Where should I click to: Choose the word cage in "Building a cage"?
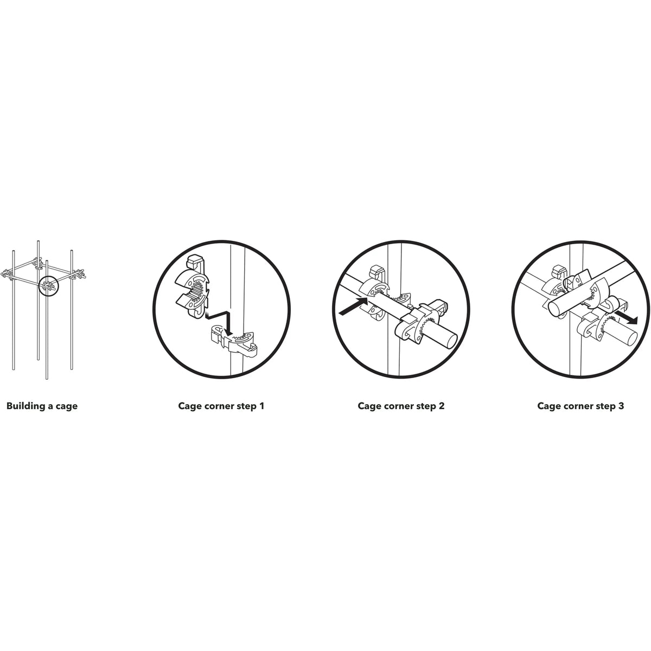coord(67,407)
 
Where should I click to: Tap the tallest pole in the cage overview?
coord(38,300)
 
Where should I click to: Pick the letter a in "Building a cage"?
coord(50,406)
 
